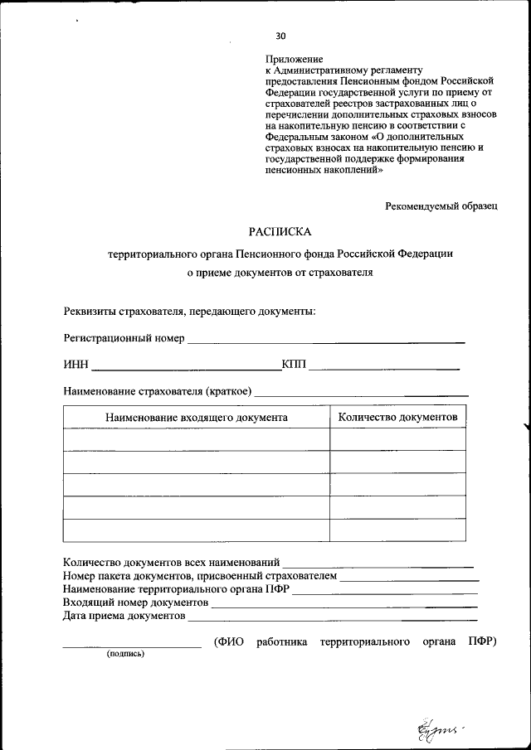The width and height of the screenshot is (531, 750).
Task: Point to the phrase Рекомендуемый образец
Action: coord(441,206)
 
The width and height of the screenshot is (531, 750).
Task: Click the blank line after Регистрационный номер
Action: coord(326,341)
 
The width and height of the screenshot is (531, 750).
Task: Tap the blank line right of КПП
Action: coord(384,366)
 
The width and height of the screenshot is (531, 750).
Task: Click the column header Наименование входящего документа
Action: coord(196,417)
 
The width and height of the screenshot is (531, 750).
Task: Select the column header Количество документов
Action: coord(397,417)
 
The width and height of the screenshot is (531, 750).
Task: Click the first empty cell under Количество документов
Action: coord(397,439)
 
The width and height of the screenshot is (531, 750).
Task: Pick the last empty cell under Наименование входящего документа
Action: coord(196,530)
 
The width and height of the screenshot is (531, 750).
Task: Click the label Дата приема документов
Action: coord(124,616)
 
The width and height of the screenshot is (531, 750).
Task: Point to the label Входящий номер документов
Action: coord(135,602)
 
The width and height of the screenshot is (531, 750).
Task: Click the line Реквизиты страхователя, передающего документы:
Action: coord(189,312)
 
